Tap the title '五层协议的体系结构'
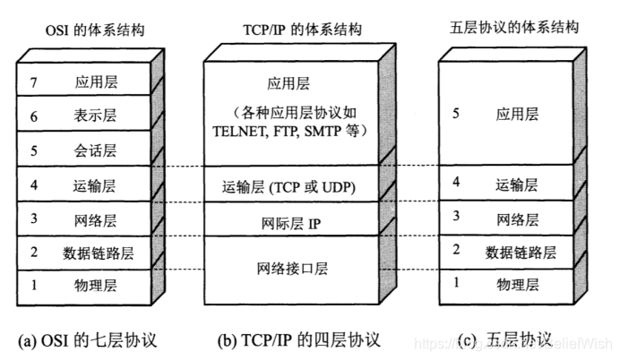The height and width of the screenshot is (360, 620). (512, 29)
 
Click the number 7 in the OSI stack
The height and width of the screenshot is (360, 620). (34, 82)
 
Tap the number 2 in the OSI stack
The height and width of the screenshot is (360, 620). (34, 253)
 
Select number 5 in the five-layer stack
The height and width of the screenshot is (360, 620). (456, 114)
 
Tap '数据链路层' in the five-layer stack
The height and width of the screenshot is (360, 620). (521, 251)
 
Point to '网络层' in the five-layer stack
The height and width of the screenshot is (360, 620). (517, 218)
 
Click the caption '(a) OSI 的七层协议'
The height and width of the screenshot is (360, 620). (87, 339)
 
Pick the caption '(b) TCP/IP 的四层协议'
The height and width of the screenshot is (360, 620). (298, 339)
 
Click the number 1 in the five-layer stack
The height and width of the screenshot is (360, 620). (456, 284)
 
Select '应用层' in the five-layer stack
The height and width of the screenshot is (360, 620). (517, 114)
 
